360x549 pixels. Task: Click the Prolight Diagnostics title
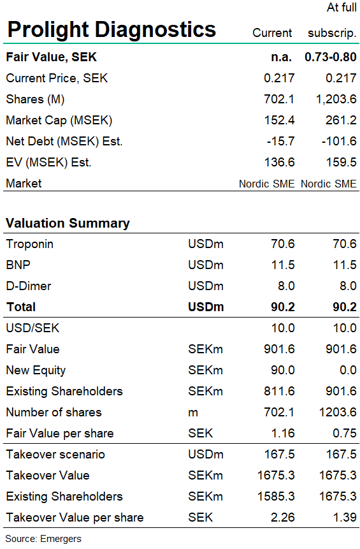tap(112, 30)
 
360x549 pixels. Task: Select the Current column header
tap(272, 33)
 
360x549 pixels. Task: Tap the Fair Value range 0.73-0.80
tap(330, 57)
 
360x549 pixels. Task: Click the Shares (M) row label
tap(35, 99)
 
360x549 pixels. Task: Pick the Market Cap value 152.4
tap(279, 120)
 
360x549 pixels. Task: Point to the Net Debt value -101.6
tap(339, 141)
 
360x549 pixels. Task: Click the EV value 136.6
tap(279, 162)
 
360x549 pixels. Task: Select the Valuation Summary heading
tap(68, 223)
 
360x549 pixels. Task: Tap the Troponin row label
tap(30, 244)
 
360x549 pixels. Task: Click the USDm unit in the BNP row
tap(206, 265)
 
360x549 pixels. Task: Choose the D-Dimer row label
tap(29, 286)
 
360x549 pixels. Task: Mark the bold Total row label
tap(21, 307)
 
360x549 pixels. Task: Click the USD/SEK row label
tap(33, 328)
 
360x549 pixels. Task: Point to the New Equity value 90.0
tap(283, 370)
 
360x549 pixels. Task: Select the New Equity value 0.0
tap(348, 370)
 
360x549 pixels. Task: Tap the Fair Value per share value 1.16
tap(283, 433)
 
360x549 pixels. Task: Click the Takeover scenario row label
tap(55, 455)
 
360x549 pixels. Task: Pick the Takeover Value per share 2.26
tap(283, 518)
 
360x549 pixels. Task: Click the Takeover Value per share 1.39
tap(345, 518)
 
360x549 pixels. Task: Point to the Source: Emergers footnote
tap(43, 539)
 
